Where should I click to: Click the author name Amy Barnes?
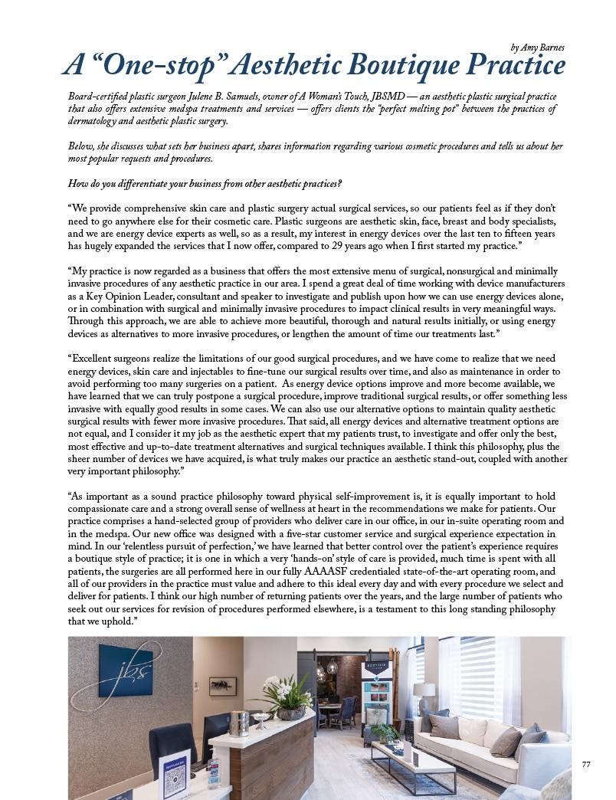pos(542,48)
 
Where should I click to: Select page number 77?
pos(586,764)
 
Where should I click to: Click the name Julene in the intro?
pos(199,97)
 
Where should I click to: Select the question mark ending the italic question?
pos(339,184)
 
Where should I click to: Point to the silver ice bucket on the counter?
pos(240,724)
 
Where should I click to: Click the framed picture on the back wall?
pos(223,687)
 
